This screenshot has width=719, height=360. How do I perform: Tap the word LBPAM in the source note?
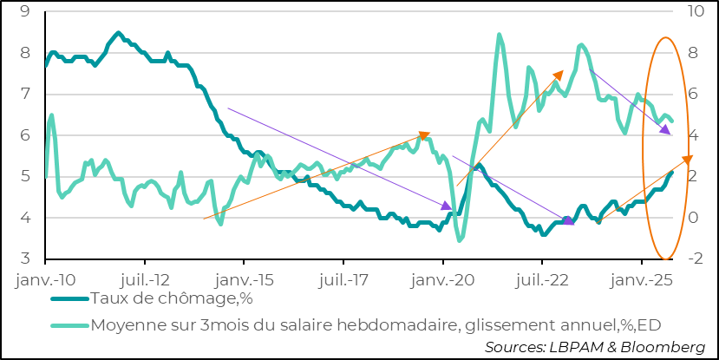tap(572, 347)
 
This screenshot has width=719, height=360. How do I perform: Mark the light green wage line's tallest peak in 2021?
tap(500, 35)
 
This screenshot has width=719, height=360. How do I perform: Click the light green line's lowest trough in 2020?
tap(459, 240)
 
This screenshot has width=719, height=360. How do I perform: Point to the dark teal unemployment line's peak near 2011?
tap(118, 33)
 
